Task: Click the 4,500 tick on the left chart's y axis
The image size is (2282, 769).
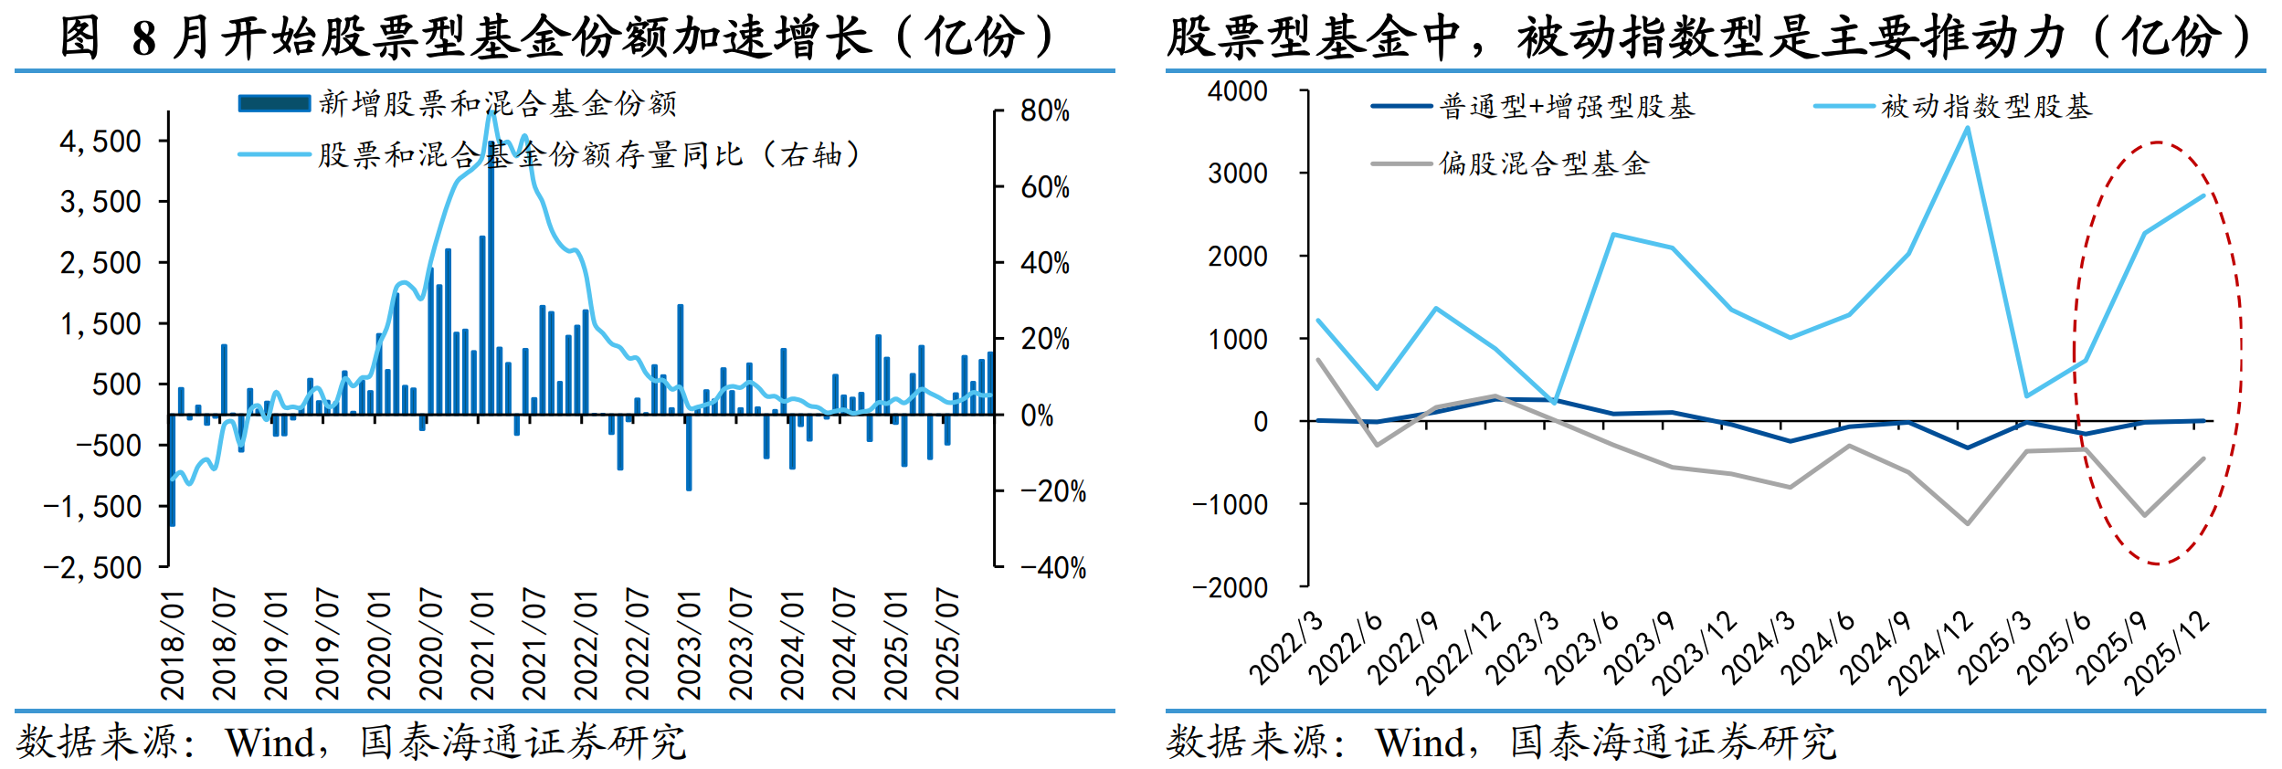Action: pos(100,142)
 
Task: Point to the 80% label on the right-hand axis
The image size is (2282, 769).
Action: pos(1045,111)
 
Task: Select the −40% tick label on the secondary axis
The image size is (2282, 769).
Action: pos(1053,568)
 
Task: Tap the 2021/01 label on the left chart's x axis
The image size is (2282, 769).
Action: pos(482,645)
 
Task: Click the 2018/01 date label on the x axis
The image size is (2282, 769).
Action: pos(173,645)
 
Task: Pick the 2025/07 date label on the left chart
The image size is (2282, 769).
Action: pos(947,645)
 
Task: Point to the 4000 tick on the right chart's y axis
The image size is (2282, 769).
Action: pos(1237,91)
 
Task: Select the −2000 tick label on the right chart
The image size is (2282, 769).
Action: pos(1230,587)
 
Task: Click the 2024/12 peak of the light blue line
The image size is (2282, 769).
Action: pos(1967,128)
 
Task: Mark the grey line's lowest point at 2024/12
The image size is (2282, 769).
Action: pos(1967,523)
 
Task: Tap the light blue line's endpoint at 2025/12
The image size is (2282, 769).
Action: pos(2203,195)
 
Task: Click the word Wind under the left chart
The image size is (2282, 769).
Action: pos(270,743)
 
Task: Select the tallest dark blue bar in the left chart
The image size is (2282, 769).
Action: pos(491,274)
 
